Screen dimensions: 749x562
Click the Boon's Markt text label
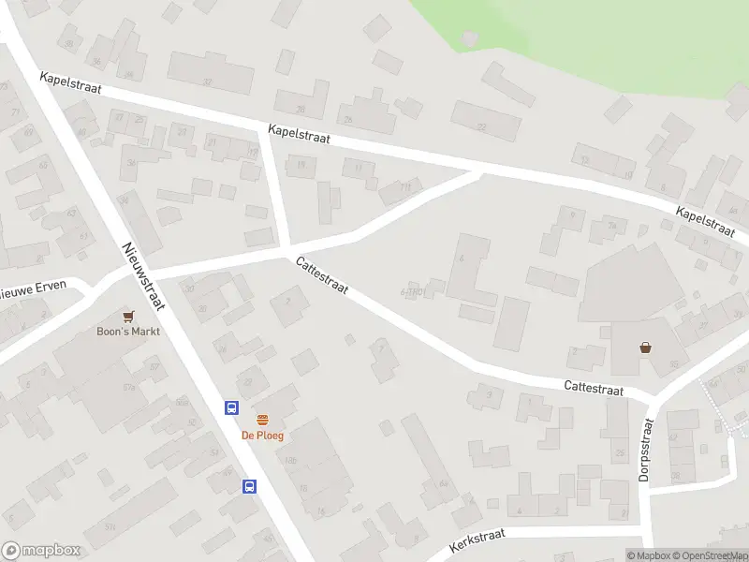pos(128,332)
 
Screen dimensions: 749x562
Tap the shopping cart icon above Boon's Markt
pos(128,317)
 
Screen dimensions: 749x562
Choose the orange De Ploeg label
pos(262,436)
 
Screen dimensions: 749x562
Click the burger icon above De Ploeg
pos(262,421)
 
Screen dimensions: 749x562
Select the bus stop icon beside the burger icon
pos(230,407)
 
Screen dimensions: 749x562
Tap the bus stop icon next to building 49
pos(250,485)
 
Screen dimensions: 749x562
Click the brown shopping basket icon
pos(646,348)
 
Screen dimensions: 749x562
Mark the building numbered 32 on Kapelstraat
pos(208,82)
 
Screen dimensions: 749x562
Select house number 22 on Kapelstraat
pos(482,126)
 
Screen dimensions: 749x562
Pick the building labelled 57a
pos(129,387)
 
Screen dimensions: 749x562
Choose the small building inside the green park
pos(470,37)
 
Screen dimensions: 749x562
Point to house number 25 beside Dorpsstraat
pos(619,454)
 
